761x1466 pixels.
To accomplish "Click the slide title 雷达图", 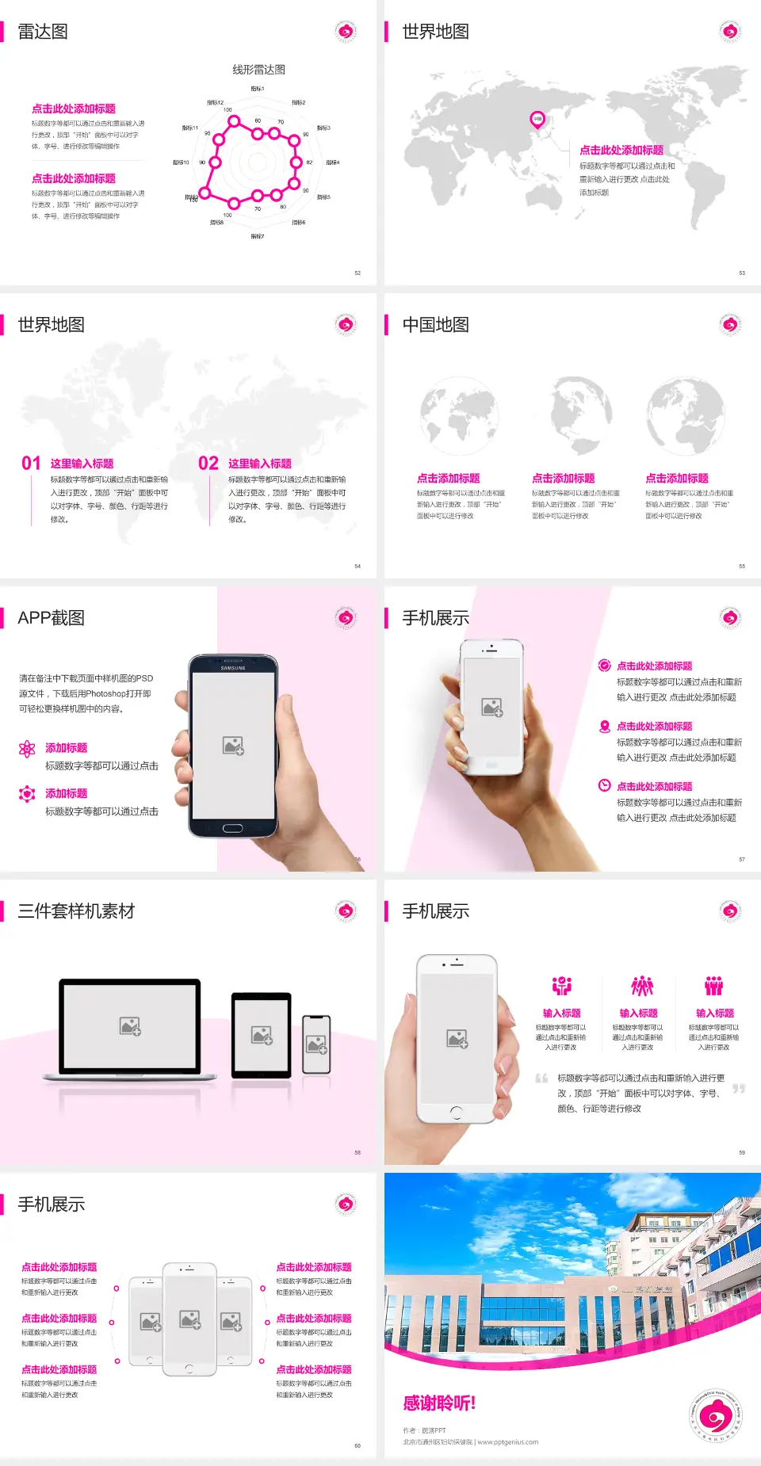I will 43,32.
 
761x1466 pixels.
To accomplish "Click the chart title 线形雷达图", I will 258,70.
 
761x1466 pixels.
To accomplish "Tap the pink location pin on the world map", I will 537,120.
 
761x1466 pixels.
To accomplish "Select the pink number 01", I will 31,464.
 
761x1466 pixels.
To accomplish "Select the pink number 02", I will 208,464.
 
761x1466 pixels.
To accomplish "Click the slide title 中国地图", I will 435,325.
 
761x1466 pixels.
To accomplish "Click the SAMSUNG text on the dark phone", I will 233,668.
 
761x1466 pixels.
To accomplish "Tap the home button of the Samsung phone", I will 232,828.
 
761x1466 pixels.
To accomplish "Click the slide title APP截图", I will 51,618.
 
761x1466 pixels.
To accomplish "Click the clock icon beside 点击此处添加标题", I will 604,785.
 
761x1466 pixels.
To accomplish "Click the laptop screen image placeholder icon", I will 130,1026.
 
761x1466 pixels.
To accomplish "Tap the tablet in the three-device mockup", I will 262,1034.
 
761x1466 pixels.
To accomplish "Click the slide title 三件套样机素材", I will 76,911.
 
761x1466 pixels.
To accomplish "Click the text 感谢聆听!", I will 439,1403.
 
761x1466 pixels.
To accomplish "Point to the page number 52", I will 358,273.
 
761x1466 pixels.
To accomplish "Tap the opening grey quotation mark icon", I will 541,1079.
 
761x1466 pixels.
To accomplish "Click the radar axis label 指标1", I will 258,89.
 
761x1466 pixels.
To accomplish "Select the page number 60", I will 358,1445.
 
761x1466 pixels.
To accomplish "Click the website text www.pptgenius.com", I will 508,1442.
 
